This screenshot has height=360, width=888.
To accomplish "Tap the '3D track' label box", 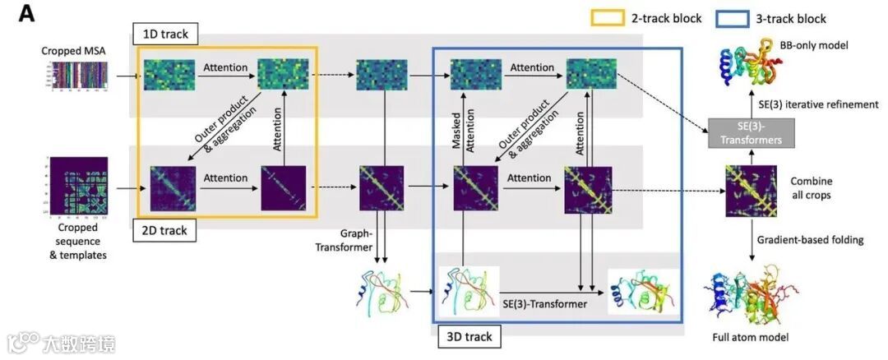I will pyautogui.click(x=469, y=336).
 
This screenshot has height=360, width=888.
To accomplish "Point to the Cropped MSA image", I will pyautogui.click(x=74, y=76).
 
